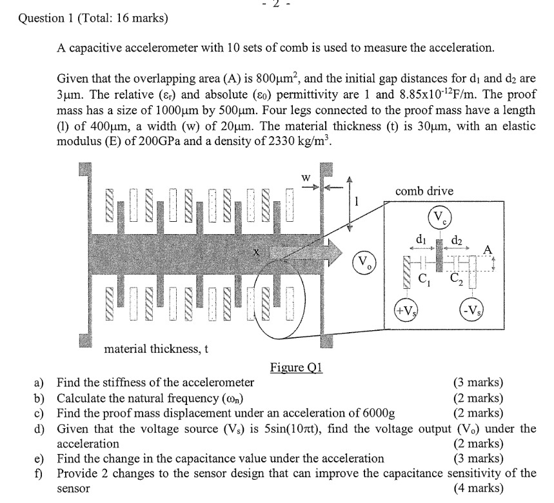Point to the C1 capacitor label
tap(424, 279)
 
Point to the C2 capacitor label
tap(455, 279)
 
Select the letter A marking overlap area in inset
tap(488, 250)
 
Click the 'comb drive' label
tap(424, 191)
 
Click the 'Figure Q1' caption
tap(295, 368)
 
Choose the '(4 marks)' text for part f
tap(479, 488)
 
